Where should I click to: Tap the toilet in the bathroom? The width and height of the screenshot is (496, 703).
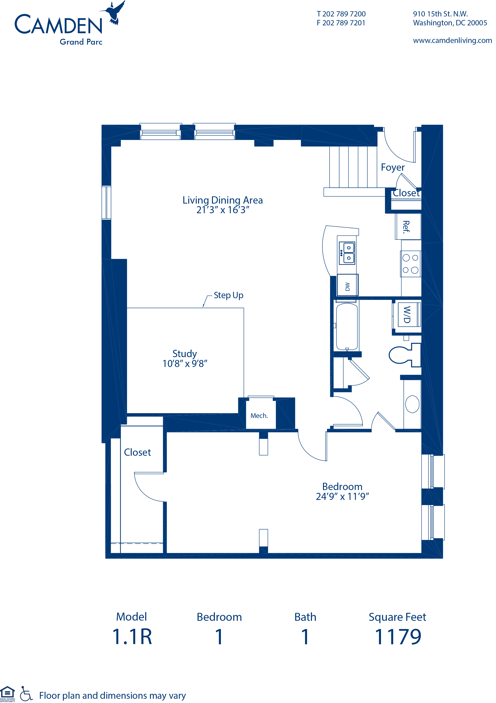[x=404, y=355]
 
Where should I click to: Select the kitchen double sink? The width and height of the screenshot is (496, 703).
[x=347, y=253]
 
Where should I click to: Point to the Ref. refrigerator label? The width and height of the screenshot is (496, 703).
[x=406, y=227]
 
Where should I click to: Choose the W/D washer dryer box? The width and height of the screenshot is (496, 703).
[x=407, y=315]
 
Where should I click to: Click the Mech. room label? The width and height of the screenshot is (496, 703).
[x=259, y=416]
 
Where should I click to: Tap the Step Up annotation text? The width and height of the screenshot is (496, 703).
[x=228, y=295]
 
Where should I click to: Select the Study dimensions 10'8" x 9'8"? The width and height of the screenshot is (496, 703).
[x=185, y=363]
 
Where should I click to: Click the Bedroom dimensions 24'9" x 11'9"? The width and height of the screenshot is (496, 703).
[x=342, y=496]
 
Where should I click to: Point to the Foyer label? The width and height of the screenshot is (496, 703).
[x=392, y=167]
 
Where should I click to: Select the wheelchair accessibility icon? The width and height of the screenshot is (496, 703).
[x=26, y=694]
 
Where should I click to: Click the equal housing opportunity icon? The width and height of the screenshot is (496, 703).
[x=7, y=693]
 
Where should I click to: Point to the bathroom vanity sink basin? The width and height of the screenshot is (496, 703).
[x=412, y=404]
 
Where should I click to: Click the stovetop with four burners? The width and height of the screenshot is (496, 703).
[x=411, y=264]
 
